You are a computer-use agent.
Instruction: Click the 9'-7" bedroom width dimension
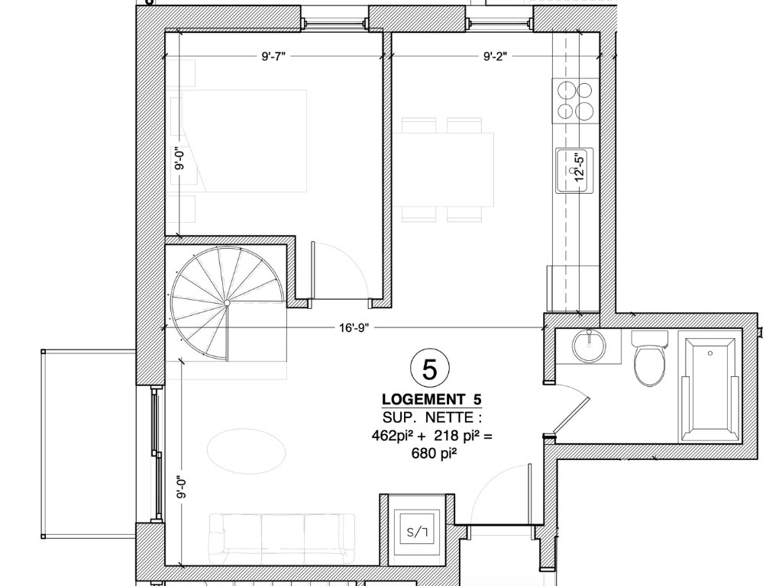(273, 56)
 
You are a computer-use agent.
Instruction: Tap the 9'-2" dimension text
(495, 56)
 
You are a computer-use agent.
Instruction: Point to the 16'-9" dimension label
(354, 328)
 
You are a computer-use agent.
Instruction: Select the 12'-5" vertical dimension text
(579, 167)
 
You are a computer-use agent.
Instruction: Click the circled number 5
(429, 369)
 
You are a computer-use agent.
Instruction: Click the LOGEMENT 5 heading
(432, 400)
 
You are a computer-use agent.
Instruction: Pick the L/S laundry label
(417, 532)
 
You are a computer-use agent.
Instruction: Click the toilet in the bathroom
(649, 359)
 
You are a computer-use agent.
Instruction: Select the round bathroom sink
(589, 346)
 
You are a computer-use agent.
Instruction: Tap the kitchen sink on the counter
(574, 170)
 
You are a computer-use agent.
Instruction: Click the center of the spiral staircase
(227, 302)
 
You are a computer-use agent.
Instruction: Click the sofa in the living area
(282, 539)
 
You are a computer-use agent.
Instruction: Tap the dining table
(443, 169)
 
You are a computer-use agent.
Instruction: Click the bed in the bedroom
(238, 141)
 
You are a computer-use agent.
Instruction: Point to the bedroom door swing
(341, 269)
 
